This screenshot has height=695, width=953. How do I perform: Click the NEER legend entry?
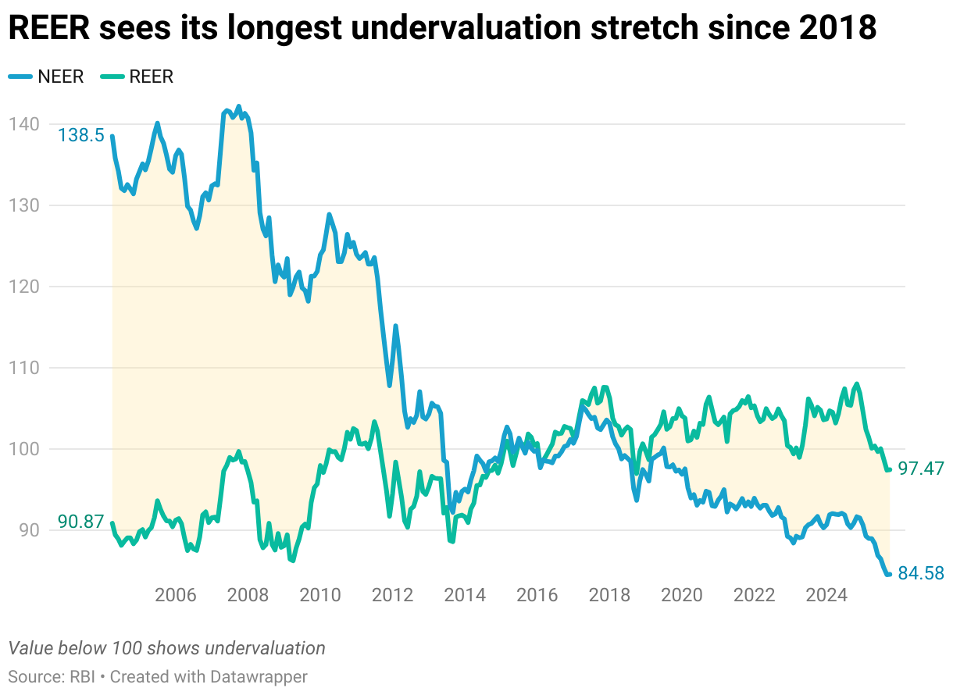pos(47,76)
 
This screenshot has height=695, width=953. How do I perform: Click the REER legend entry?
pos(141,76)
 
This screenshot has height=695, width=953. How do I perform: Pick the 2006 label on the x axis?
pos(176,595)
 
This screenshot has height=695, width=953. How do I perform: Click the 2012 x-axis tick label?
pos(393,595)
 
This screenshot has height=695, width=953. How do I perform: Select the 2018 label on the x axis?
pos(609,595)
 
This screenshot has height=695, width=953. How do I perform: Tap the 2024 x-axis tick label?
pos(826,595)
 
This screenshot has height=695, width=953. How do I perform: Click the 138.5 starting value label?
pos(80,135)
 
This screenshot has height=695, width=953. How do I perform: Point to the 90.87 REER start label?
pos(80,522)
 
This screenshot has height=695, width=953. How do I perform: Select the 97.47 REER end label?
pos(921,469)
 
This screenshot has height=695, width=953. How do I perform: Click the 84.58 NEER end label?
pos(921,574)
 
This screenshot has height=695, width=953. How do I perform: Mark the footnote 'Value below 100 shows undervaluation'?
pos(166,648)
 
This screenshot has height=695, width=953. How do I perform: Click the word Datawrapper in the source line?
pos(259,676)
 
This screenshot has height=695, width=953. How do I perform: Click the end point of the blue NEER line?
pos(889,574)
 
